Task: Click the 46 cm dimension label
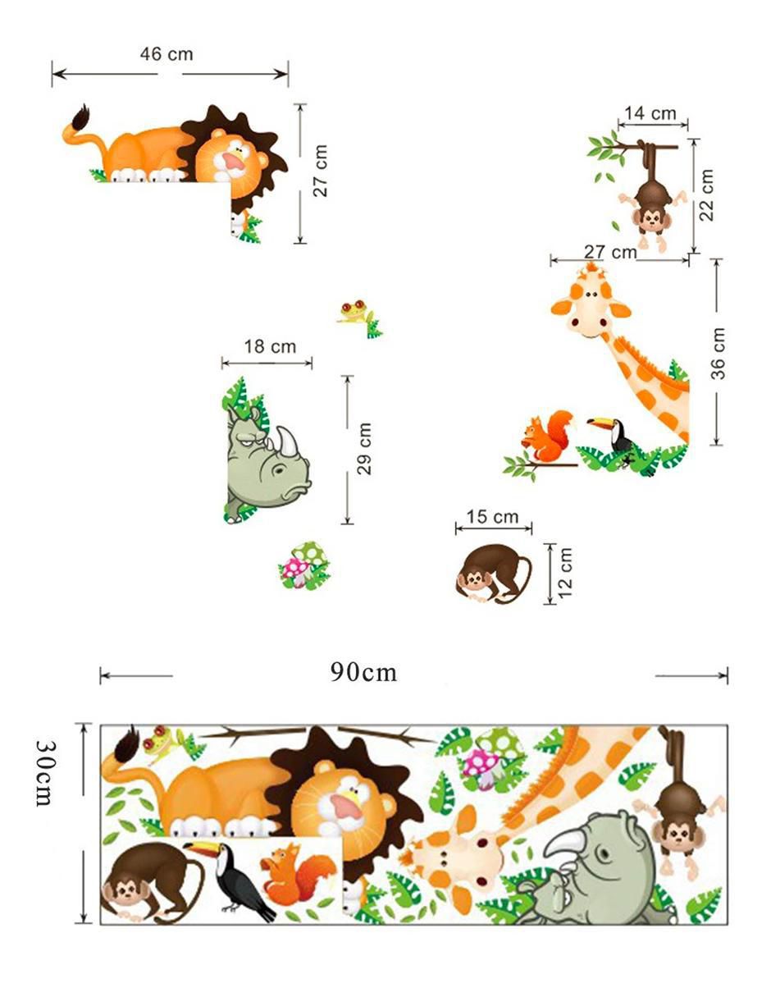pos(167,54)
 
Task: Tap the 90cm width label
pos(363,673)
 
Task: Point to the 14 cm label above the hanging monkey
pos(650,113)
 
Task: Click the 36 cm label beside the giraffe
pos(719,354)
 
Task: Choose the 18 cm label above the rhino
pos(270,346)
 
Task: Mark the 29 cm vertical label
pos(364,449)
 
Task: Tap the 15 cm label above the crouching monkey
pos(492,517)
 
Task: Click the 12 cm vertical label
pos(565,573)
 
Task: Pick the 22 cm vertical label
pos(706,195)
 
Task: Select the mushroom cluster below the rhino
pos(304,565)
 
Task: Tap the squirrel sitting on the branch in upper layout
pos(548,436)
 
